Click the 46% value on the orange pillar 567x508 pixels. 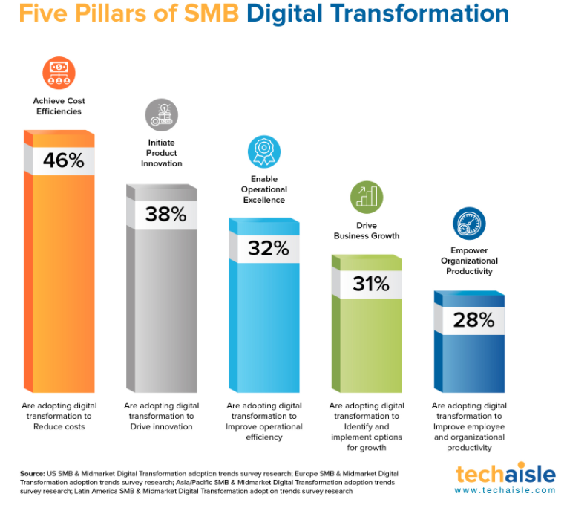[64, 160]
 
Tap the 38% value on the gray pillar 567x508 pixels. [166, 214]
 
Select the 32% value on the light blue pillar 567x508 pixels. [269, 248]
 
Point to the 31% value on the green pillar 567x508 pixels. [371, 284]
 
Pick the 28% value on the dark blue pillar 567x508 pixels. [473, 320]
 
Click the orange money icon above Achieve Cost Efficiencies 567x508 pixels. [59, 73]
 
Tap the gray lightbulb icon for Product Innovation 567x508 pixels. [162, 114]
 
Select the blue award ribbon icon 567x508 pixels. [264, 152]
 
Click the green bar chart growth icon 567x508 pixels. [367, 198]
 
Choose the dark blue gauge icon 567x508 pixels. [469, 224]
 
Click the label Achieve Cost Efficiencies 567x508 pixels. [59, 106]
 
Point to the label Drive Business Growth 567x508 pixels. [367, 230]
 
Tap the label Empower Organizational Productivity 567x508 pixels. [469, 261]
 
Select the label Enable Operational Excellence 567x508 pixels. [264, 189]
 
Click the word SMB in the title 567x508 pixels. [212, 13]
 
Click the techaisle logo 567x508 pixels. [505, 473]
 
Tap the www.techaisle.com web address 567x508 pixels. [505, 490]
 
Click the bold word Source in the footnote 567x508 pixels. [33, 474]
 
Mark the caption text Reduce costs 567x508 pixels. [59, 426]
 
